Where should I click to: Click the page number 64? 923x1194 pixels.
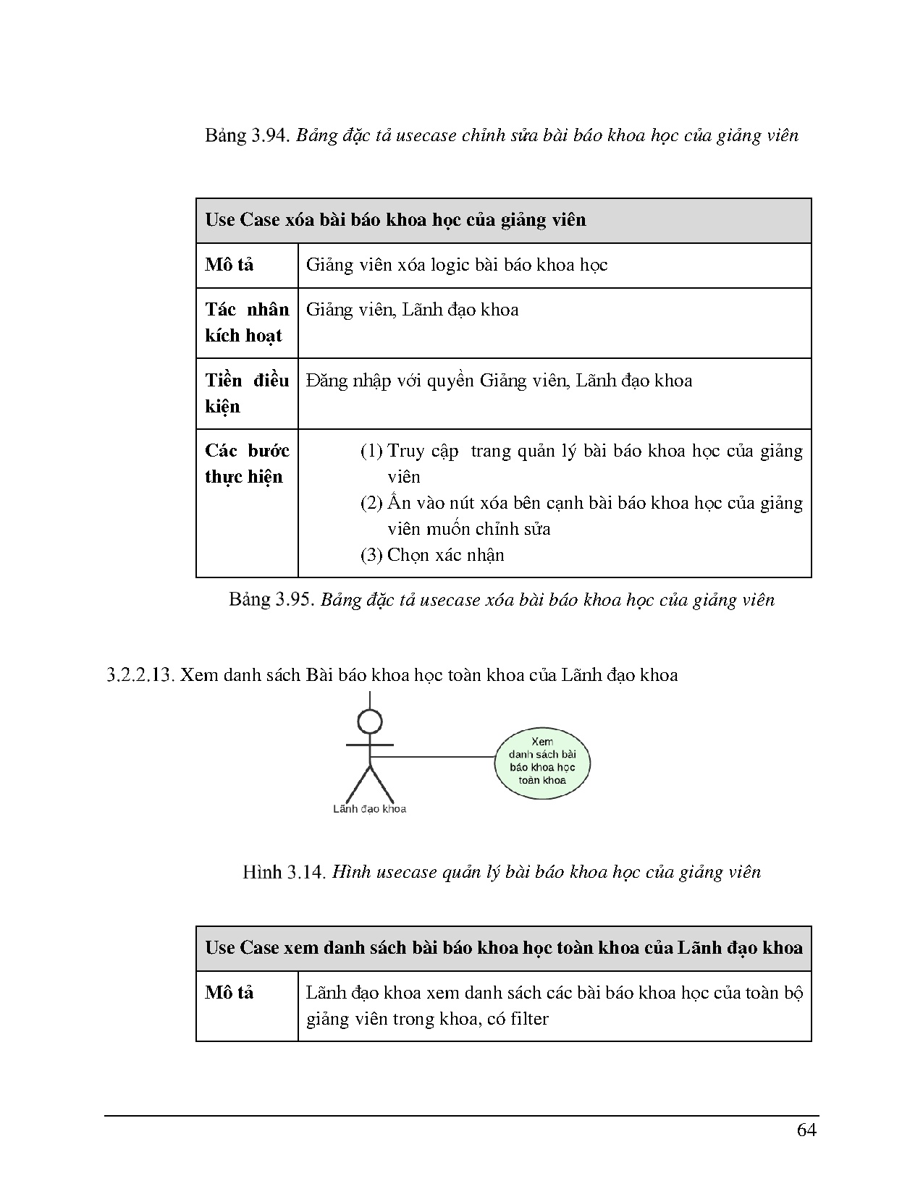point(806,1130)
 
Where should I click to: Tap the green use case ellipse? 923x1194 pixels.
point(542,761)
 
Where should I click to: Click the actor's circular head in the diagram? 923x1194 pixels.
point(370,721)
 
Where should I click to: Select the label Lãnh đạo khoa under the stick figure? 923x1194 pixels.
point(369,809)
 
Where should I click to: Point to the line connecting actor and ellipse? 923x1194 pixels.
point(434,757)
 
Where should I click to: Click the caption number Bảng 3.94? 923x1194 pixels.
point(247,135)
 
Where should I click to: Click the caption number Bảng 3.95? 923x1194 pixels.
point(271,599)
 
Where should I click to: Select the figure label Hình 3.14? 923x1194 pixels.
point(285,872)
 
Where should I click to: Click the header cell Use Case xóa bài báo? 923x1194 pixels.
point(395,220)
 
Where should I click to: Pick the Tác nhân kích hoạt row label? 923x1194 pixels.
point(246,322)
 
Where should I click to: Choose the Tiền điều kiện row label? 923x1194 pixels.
point(246,393)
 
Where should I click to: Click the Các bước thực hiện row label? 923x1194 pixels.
point(246,463)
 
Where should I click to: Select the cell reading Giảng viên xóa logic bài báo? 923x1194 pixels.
point(456,265)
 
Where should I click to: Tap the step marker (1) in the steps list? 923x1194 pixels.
point(371,451)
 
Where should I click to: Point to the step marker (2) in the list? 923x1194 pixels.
point(371,503)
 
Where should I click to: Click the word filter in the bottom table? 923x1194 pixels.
point(529,1019)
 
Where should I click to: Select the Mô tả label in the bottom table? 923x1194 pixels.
point(229,993)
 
